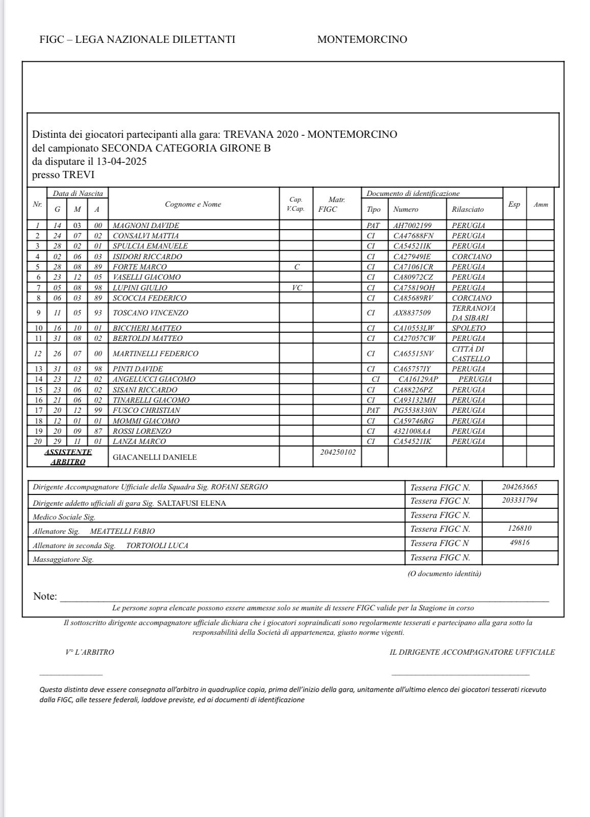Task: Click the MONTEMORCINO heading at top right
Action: (x=362, y=39)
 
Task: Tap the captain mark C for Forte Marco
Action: (x=296, y=267)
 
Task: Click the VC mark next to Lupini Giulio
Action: (x=296, y=288)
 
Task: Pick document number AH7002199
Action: (x=412, y=226)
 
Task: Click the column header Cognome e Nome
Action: (x=193, y=204)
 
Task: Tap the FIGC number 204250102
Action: (x=338, y=452)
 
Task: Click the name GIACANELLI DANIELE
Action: (x=155, y=457)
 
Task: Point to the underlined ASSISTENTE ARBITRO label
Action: (x=68, y=457)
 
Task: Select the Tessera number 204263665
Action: (x=520, y=487)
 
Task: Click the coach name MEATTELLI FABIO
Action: (x=122, y=531)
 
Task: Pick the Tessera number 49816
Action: (x=520, y=542)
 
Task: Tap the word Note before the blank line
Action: (x=45, y=596)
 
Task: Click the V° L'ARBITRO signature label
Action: (x=90, y=652)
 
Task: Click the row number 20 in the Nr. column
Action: (x=37, y=441)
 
